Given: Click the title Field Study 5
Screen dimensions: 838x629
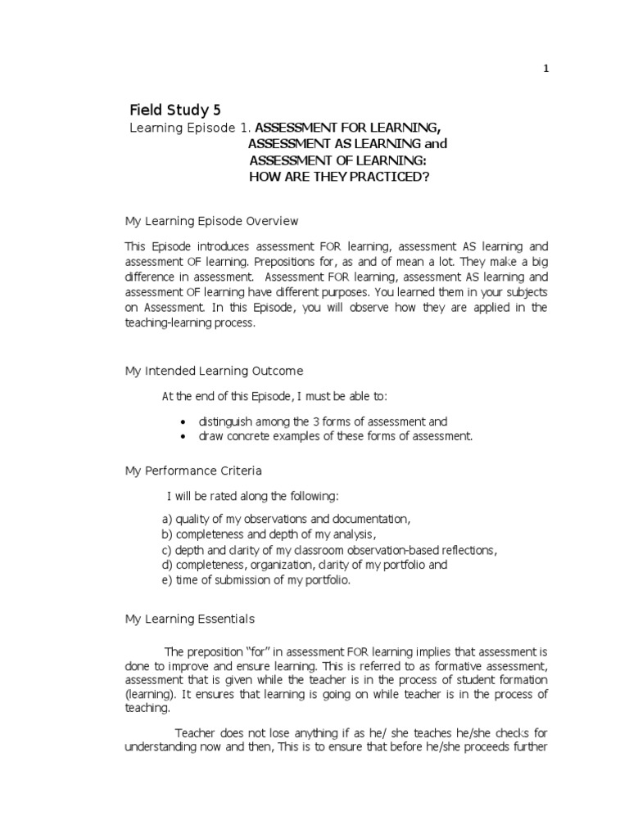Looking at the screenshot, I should (x=175, y=110).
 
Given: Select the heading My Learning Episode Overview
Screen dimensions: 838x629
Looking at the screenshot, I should (x=211, y=221).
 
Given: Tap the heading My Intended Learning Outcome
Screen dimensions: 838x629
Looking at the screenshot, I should (x=214, y=371).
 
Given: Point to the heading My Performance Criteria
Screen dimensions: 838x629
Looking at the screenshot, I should (x=193, y=471).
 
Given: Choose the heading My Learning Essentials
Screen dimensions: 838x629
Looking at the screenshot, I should (x=190, y=619).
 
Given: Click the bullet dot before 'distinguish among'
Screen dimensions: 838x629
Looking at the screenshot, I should (x=182, y=422).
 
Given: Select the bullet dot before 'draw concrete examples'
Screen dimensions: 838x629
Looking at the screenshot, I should (x=182, y=437).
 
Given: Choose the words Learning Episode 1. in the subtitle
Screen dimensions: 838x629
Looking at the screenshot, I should (x=190, y=128).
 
